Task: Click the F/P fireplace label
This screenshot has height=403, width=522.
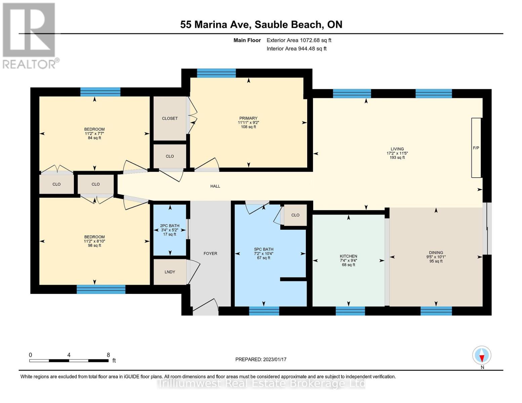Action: (x=476, y=148)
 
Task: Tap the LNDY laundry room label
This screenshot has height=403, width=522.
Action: (x=170, y=272)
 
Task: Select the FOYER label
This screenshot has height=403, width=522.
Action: (x=210, y=254)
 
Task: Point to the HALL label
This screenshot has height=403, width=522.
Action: (x=215, y=186)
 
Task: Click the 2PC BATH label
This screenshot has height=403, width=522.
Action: (x=170, y=226)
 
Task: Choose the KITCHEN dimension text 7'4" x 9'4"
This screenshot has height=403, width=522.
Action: (x=348, y=260)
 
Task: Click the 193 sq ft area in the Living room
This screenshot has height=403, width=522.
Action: (x=397, y=158)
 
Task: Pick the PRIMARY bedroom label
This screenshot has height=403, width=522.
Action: (x=248, y=118)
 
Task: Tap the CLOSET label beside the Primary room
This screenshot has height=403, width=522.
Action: (x=170, y=118)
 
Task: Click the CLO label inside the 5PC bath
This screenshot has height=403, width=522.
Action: (x=295, y=215)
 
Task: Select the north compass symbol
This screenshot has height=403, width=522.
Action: (x=482, y=355)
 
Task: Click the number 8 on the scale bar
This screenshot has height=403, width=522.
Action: (x=108, y=355)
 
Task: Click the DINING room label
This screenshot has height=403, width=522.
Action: (x=436, y=253)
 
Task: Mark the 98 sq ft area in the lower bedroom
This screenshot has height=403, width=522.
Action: (x=94, y=245)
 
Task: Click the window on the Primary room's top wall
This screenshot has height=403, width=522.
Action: (x=216, y=73)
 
